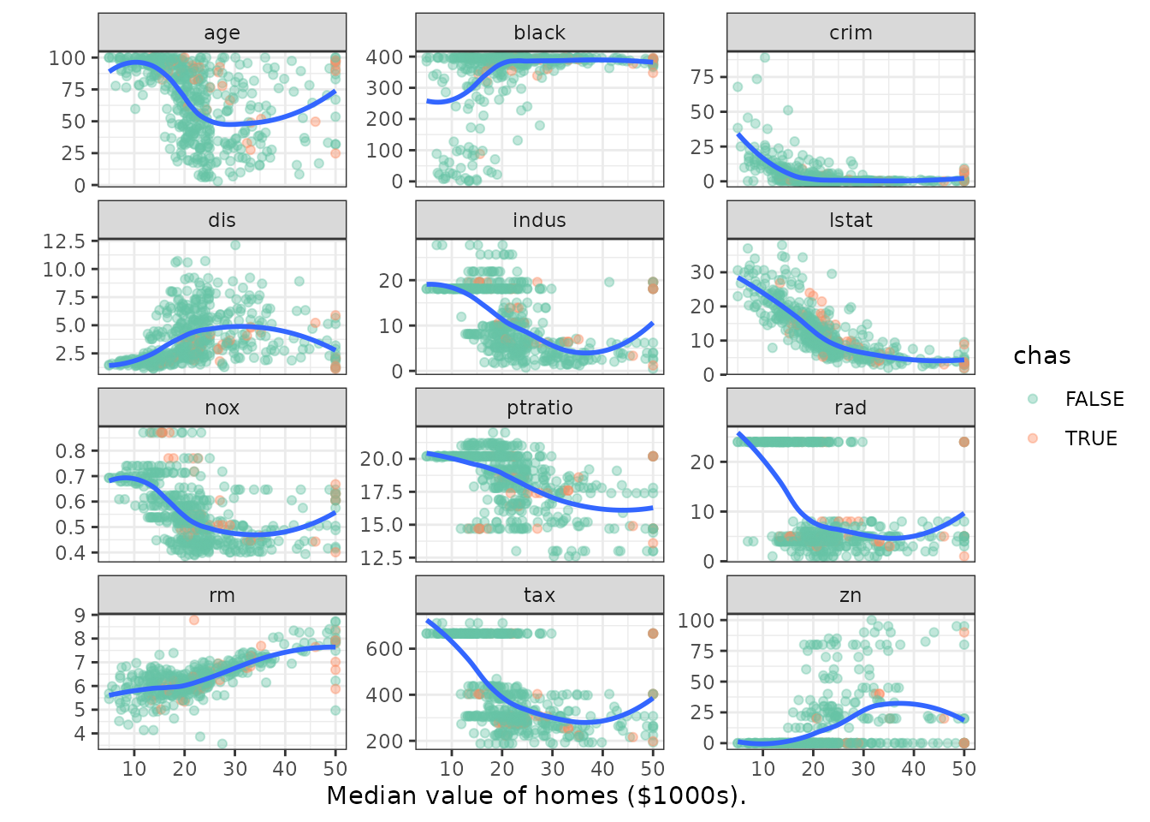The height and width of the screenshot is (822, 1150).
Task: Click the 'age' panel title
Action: point(222,33)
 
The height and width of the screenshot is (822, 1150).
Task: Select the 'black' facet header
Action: point(539,33)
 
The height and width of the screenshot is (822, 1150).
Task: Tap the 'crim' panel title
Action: point(851,33)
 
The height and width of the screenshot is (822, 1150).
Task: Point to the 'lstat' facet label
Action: point(851,220)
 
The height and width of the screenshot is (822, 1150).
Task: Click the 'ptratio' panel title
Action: point(539,408)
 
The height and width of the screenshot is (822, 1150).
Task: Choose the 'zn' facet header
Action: point(851,595)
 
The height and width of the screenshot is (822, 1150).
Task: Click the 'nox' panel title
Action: point(222,408)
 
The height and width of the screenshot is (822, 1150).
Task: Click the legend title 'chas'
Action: point(1041,356)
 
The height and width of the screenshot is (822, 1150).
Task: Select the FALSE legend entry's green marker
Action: point(1033,399)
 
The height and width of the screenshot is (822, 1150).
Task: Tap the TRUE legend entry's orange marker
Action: point(1033,438)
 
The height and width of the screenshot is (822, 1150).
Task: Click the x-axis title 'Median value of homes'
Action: point(536,795)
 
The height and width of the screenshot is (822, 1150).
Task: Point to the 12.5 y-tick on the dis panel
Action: point(64,241)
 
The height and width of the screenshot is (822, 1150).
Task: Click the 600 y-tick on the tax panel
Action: point(385,649)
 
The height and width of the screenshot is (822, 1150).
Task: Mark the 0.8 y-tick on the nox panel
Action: point(71,451)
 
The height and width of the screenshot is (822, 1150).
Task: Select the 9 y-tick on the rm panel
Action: point(80,615)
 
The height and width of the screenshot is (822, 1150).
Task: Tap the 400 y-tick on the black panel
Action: point(385,57)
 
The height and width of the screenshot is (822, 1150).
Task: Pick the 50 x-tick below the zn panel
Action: point(963,768)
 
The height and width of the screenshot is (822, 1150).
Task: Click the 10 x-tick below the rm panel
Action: point(134,768)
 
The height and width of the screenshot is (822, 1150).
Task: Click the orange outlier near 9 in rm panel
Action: point(194,620)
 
